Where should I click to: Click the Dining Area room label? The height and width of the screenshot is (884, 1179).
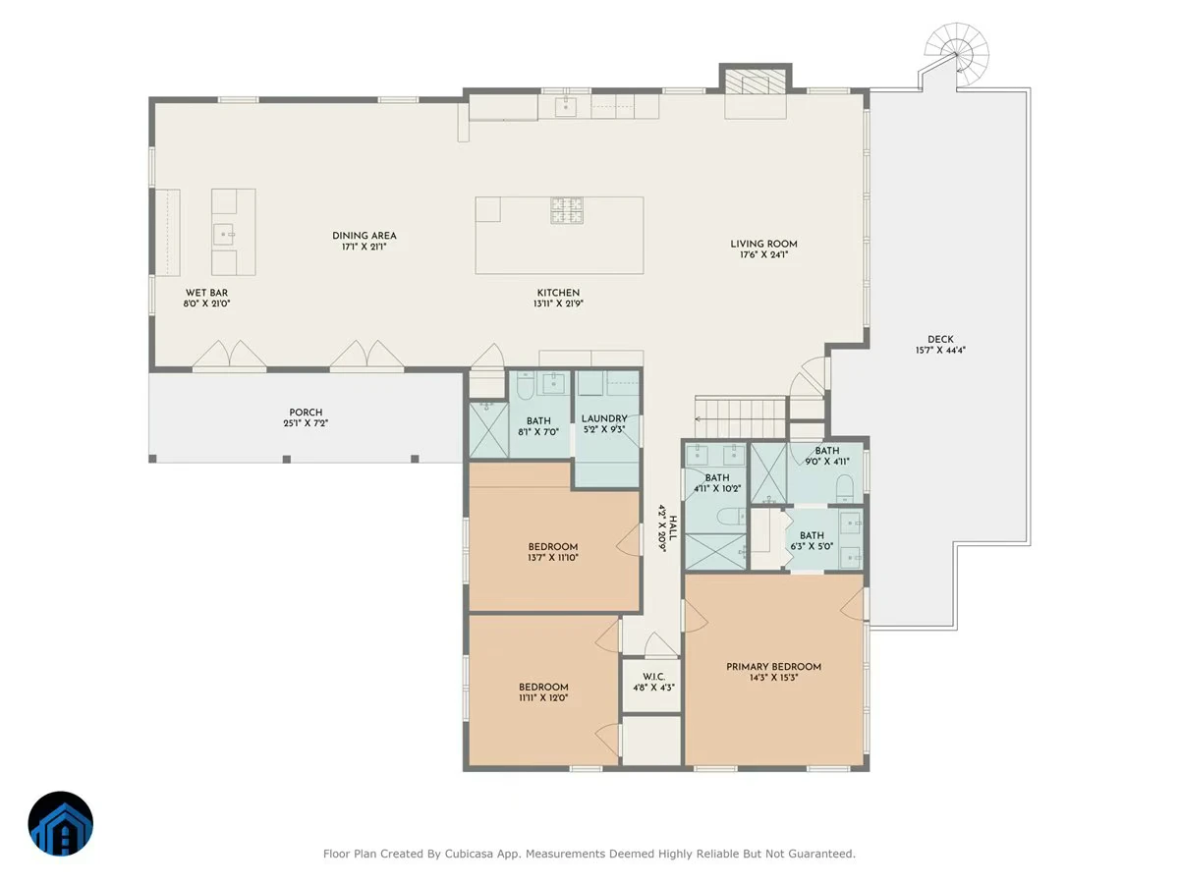[x=365, y=236]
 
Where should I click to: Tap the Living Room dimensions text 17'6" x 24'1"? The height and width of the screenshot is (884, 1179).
[x=763, y=255]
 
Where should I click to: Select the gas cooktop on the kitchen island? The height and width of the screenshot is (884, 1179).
[x=567, y=210]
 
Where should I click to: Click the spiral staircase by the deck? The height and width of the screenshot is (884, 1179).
[x=957, y=54]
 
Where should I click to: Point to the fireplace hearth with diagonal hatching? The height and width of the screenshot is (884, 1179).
[x=756, y=83]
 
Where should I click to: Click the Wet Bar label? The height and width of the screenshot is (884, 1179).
[x=206, y=293]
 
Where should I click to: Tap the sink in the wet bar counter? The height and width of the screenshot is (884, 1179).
[x=223, y=235]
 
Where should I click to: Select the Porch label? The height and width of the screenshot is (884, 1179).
[x=306, y=413]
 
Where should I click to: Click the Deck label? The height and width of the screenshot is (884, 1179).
[x=940, y=339]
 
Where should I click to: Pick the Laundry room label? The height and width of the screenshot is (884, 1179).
[x=604, y=418]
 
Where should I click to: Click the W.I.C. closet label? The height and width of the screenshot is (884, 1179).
[x=653, y=677]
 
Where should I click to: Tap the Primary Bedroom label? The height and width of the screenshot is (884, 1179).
[x=773, y=667]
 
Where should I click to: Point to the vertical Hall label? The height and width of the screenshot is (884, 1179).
[x=672, y=528]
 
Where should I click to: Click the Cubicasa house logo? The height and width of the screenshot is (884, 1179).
[x=61, y=823]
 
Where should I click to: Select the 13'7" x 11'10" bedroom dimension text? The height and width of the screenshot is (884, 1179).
[x=553, y=558]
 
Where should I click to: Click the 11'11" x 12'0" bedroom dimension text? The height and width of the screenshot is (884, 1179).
[x=543, y=697]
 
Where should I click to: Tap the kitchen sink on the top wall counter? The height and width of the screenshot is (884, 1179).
[x=565, y=106]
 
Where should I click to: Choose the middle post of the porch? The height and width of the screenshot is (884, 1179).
[x=286, y=459]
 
